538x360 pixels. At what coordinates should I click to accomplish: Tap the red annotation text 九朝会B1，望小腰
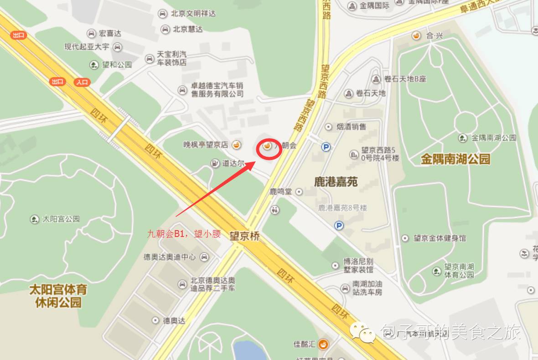pyautogui.click(x=184, y=234)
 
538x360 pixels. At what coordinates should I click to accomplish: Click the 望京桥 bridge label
pyautogui.click(x=244, y=236)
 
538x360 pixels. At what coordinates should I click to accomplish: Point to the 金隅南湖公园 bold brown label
pyautogui.click(x=455, y=159)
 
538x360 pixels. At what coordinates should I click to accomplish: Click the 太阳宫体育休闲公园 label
pyautogui.click(x=58, y=296)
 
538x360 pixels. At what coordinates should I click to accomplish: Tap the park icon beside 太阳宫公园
pyautogui.click(x=35, y=219)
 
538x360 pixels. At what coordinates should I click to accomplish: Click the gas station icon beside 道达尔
pyautogui.click(x=214, y=163)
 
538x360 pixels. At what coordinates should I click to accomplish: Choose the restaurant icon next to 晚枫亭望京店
pyautogui.click(x=236, y=145)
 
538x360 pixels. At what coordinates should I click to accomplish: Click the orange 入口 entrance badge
pyautogui.click(x=82, y=82)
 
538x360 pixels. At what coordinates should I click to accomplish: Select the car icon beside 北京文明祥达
pyautogui.click(x=162, y=14)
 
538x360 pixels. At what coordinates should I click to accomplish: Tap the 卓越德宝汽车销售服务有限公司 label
pyautogui.click(x=217, y=89)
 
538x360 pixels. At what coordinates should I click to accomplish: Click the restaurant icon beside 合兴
pyautogui.click(x=416, y=35)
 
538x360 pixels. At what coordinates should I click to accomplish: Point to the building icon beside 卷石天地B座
pyautogui.click(x=376, y=79)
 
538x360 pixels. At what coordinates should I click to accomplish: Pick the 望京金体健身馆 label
pyautogui.click(x=440, y=238)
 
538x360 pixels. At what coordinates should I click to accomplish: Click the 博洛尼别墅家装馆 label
pyautogui.click(x=358, y=266)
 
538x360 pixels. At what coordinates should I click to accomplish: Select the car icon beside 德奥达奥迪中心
pyautogui.click(x=204, y=257)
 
